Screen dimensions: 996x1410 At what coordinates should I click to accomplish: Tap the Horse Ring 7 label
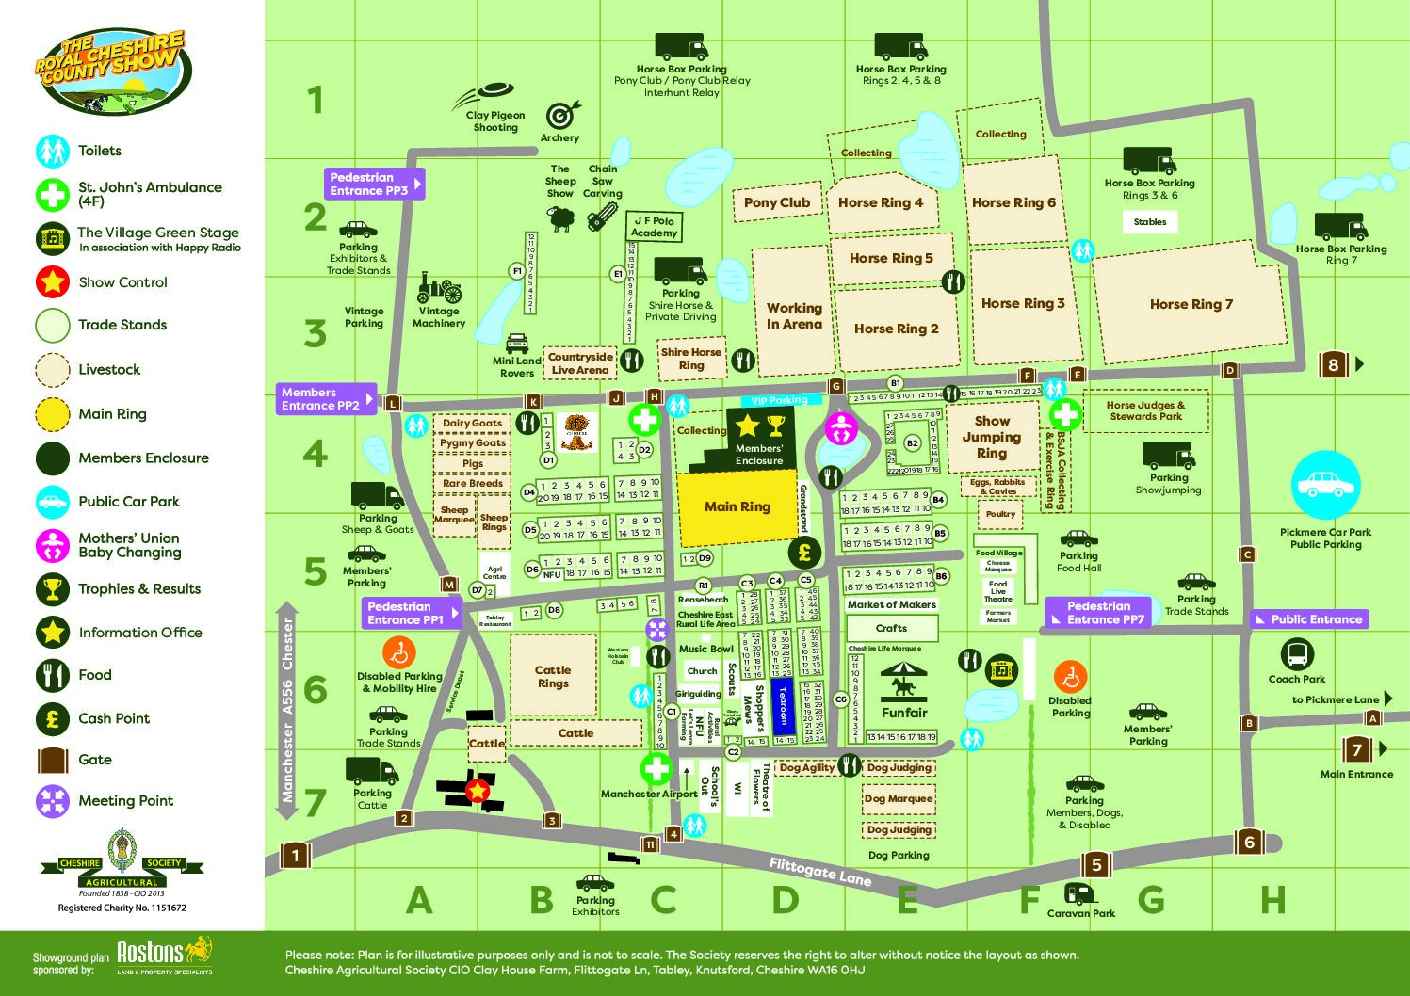pos(1191,304)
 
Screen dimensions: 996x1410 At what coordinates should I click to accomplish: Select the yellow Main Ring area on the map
pos(737,507)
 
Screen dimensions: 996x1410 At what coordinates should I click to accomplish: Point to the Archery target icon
pos(560,115)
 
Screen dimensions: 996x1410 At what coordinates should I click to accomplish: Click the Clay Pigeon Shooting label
pos(495,121)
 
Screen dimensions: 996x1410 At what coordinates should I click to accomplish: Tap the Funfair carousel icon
pos(904,680)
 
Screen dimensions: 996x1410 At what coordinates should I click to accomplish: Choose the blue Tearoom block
pos(783,707)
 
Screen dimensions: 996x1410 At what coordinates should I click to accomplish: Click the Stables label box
pos(1149,222)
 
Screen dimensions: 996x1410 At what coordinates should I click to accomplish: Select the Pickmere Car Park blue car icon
pos(1325,486)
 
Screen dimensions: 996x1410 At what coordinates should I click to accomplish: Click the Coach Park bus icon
pos(1297,654)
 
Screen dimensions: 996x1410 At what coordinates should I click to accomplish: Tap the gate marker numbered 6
pos(1249,842)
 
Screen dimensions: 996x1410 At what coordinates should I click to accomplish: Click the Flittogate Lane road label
pos(819,872)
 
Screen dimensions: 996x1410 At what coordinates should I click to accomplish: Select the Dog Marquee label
pos(899,799)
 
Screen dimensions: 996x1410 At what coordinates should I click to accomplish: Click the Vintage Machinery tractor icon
pos(439,287)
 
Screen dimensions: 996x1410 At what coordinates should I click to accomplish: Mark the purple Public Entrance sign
pos(1309,619)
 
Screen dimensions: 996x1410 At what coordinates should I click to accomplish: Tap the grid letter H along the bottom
pos(1272,901)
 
